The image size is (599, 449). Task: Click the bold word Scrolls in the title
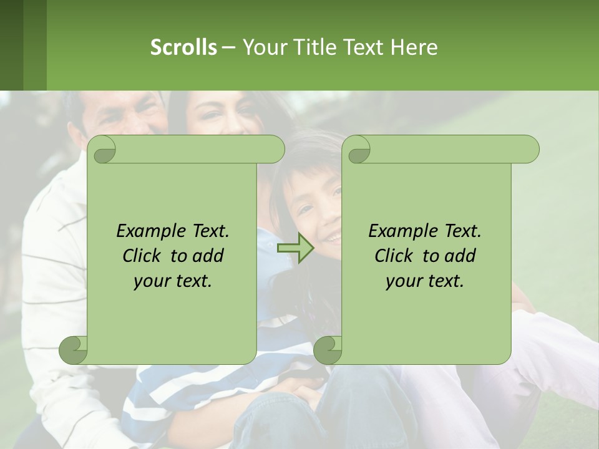coord(183,47)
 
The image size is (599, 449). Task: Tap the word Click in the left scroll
coord(142,256)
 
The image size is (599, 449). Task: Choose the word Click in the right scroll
coord(394,256)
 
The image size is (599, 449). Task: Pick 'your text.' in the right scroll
coord(425,281)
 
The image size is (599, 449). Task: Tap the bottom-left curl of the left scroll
coord(74,349)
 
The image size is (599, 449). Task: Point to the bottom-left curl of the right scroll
coord(328,349)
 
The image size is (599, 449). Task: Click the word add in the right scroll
coord(461,256)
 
